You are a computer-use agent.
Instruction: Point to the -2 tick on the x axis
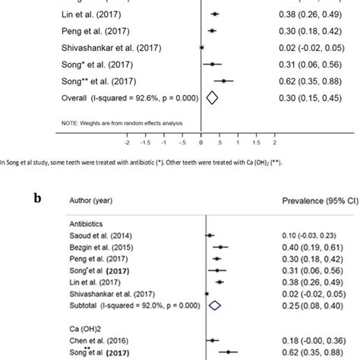pyautogui.click(x=127, y=141)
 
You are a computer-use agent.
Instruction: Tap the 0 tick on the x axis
pyautogui.click(x=201, y=141)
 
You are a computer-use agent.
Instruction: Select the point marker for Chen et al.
pyautogui.click(x=213, y=341)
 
